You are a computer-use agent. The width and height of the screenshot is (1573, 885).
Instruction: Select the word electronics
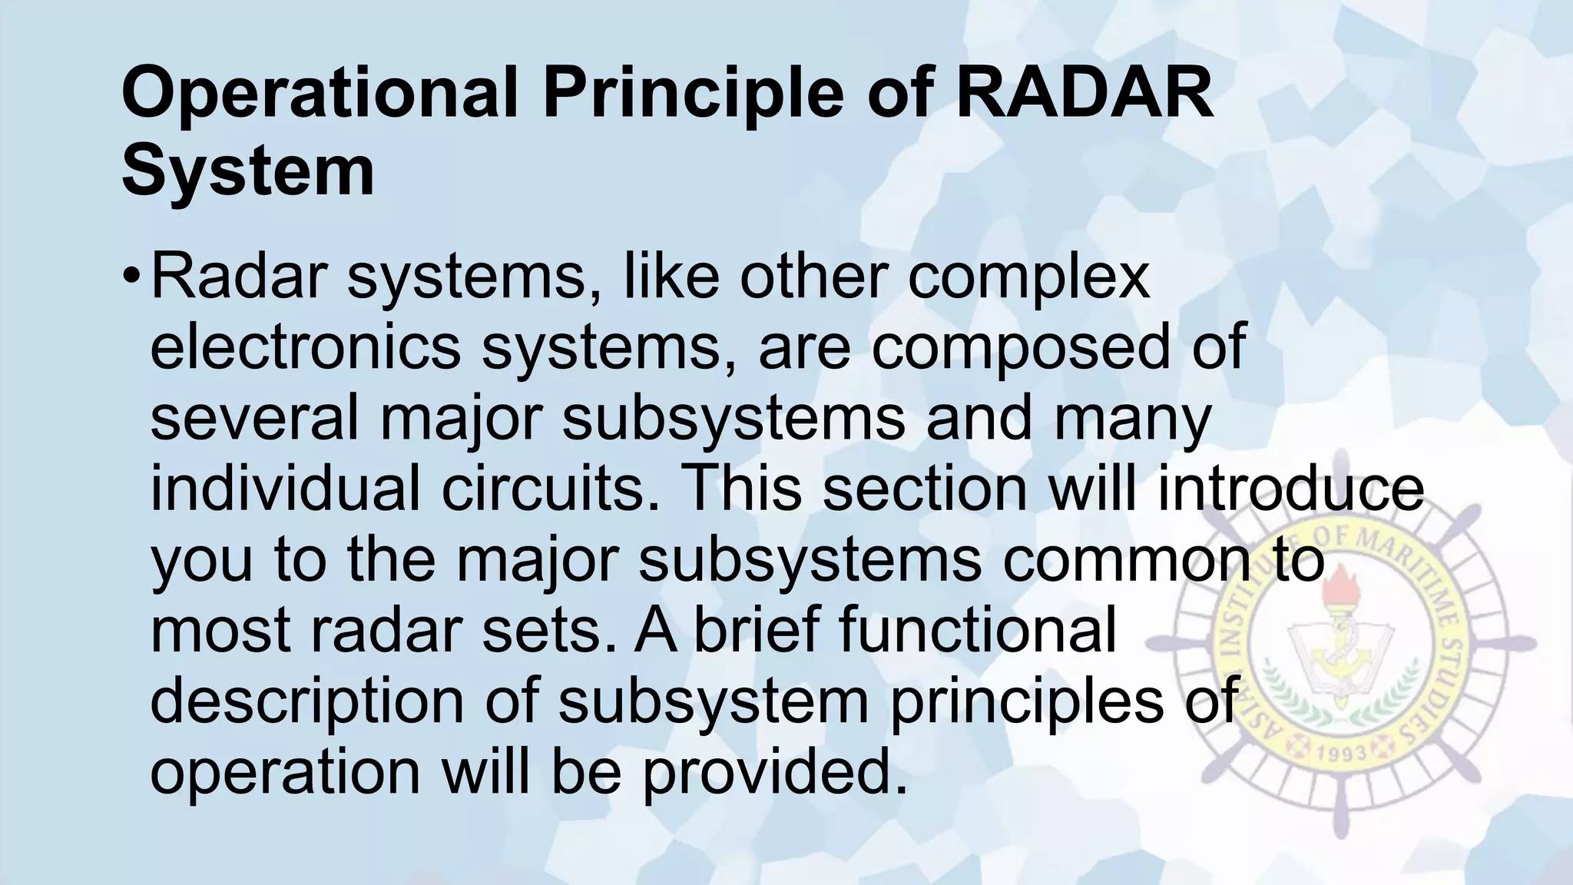point(305,347)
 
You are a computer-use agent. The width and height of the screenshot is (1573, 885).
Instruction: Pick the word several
point(254,418)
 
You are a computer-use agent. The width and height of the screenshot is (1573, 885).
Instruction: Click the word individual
point(285,489)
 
